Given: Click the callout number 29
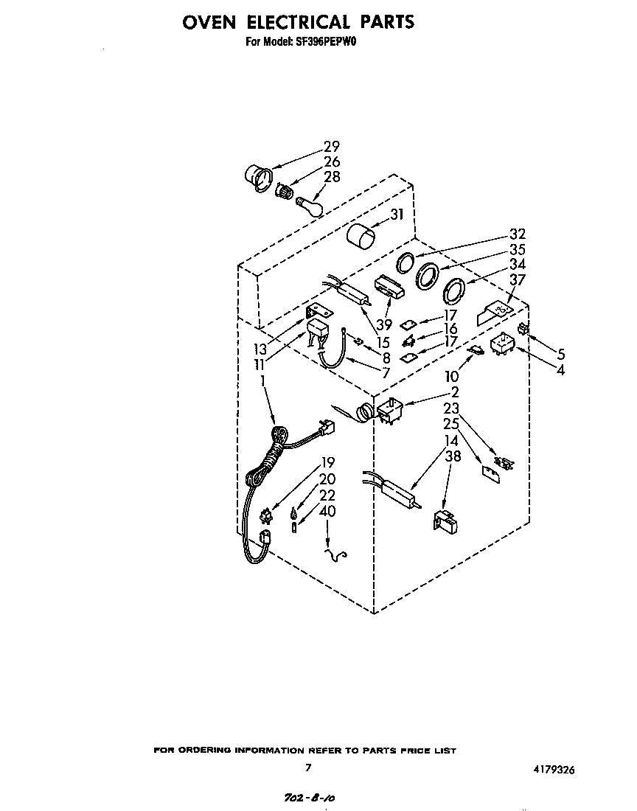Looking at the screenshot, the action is tap(332, 147).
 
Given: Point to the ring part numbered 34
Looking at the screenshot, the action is tap(452, 291).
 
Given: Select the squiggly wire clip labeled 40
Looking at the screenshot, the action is tap(338, 553).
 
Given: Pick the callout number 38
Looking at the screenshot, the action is tap(452, 456).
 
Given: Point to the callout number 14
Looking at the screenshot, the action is tap(450, 441).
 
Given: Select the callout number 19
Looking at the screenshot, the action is tap(327, 463).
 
